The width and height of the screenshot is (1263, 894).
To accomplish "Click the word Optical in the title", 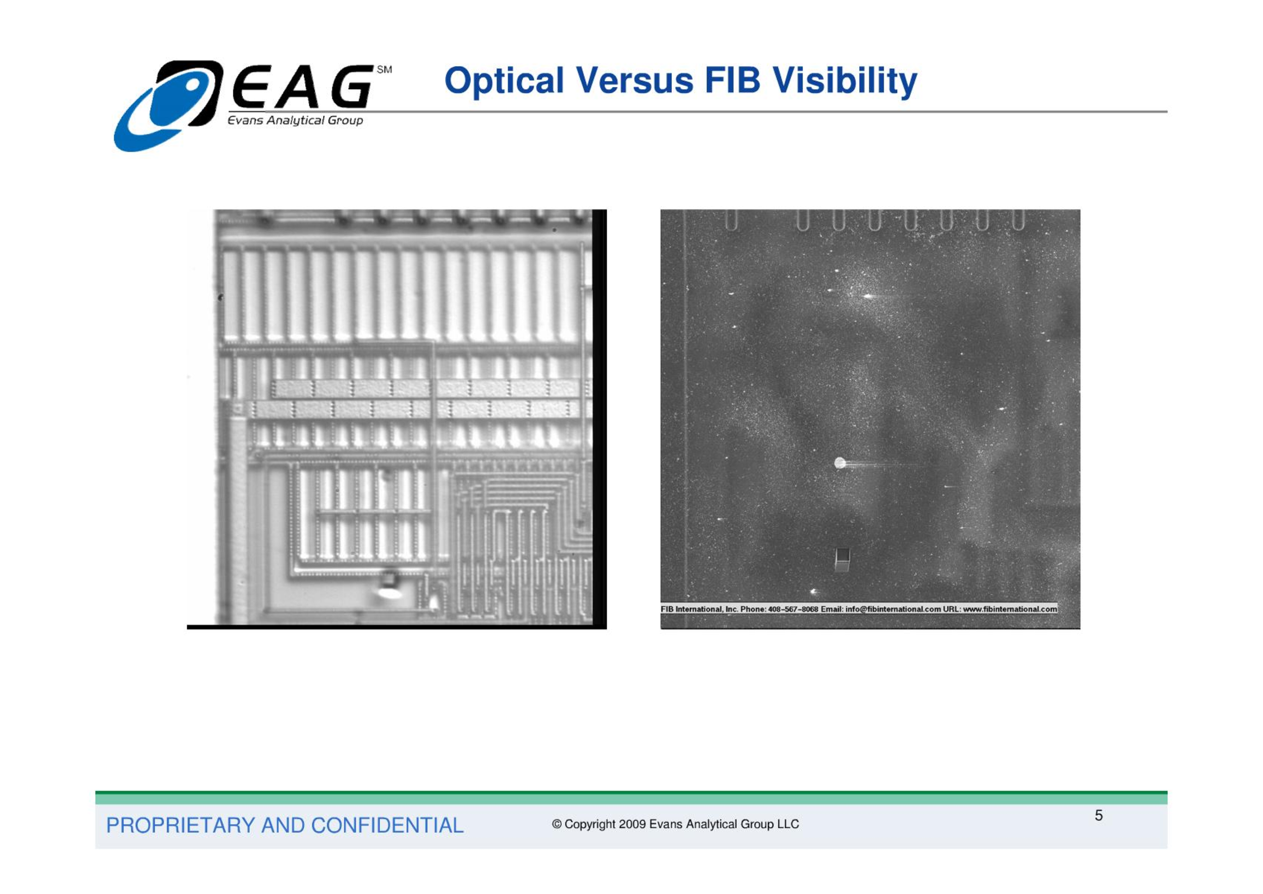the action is click(504, 81).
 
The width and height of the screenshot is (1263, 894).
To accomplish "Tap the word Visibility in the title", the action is click(845, 81).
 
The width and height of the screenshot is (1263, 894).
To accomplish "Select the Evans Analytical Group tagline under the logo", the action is click(295, 120).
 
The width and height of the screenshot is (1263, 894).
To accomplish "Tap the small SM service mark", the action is click(384, 70).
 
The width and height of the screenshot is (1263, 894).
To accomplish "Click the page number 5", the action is click(1098, 815).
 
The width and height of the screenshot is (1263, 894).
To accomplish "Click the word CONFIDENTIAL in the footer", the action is click(387, 825).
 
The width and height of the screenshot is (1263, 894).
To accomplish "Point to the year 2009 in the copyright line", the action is click(632, 824).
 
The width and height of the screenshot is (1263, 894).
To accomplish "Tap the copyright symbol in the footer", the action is click(556, 824).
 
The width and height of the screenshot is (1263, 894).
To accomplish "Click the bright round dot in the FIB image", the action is click(840, 463).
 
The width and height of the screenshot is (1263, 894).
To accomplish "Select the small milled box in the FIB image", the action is click(842, 559).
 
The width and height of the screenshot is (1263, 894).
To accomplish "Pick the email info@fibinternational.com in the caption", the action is click(893, 609).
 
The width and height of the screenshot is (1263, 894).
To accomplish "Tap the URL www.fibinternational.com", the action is click(1010, 609).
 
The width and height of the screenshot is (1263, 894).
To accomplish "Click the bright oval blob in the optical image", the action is click(389, 592).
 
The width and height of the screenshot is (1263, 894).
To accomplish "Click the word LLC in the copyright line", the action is click(788, 824).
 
